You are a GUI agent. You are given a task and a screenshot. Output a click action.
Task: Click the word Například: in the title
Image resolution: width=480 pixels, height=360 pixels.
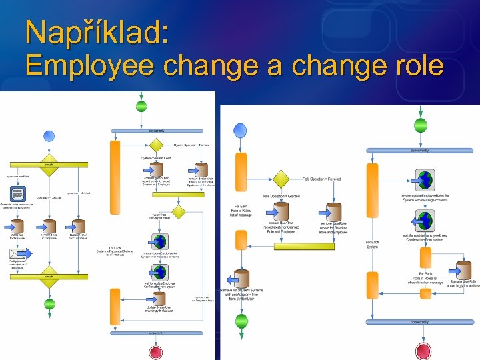97,33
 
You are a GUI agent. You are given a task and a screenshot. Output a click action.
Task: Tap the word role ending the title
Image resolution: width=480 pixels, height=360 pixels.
415,66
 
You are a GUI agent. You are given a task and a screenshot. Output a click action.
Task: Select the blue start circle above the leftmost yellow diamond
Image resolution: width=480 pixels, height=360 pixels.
49,136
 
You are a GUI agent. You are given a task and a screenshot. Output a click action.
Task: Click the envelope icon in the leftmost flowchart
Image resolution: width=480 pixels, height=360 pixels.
17,253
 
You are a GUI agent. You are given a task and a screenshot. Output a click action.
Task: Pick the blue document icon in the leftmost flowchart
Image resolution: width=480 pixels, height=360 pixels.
19,193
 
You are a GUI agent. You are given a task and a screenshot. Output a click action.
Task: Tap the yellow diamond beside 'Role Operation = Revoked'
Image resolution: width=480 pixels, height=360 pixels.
281,179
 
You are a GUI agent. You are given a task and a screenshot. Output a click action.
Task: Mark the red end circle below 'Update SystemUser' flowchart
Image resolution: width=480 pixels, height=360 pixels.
156,351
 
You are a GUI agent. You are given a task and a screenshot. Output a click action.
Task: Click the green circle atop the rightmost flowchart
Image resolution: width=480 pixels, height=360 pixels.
421,125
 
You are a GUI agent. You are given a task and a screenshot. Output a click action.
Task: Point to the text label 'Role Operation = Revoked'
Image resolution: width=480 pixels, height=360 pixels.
324,179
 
